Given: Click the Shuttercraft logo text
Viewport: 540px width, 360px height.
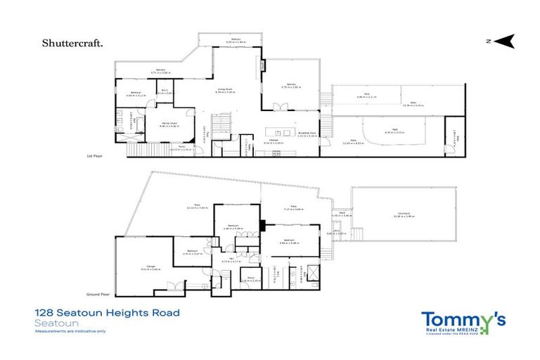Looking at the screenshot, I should (x=73, y=43).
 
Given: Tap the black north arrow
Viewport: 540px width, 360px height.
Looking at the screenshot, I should (x=504, y=42).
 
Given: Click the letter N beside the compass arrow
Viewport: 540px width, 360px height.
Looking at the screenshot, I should (x=487, y=42).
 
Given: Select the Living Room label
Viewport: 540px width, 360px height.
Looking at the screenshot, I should (x=224, y=89).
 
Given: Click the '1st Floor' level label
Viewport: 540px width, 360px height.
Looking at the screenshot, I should (x=94, y=156).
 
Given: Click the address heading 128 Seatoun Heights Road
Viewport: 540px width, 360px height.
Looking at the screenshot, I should (x=107, y=312).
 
